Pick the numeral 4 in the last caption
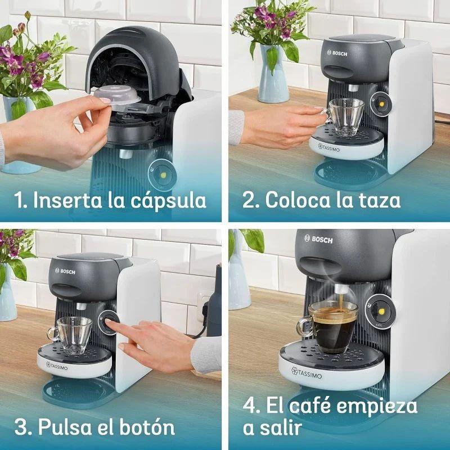pos(251,406)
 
